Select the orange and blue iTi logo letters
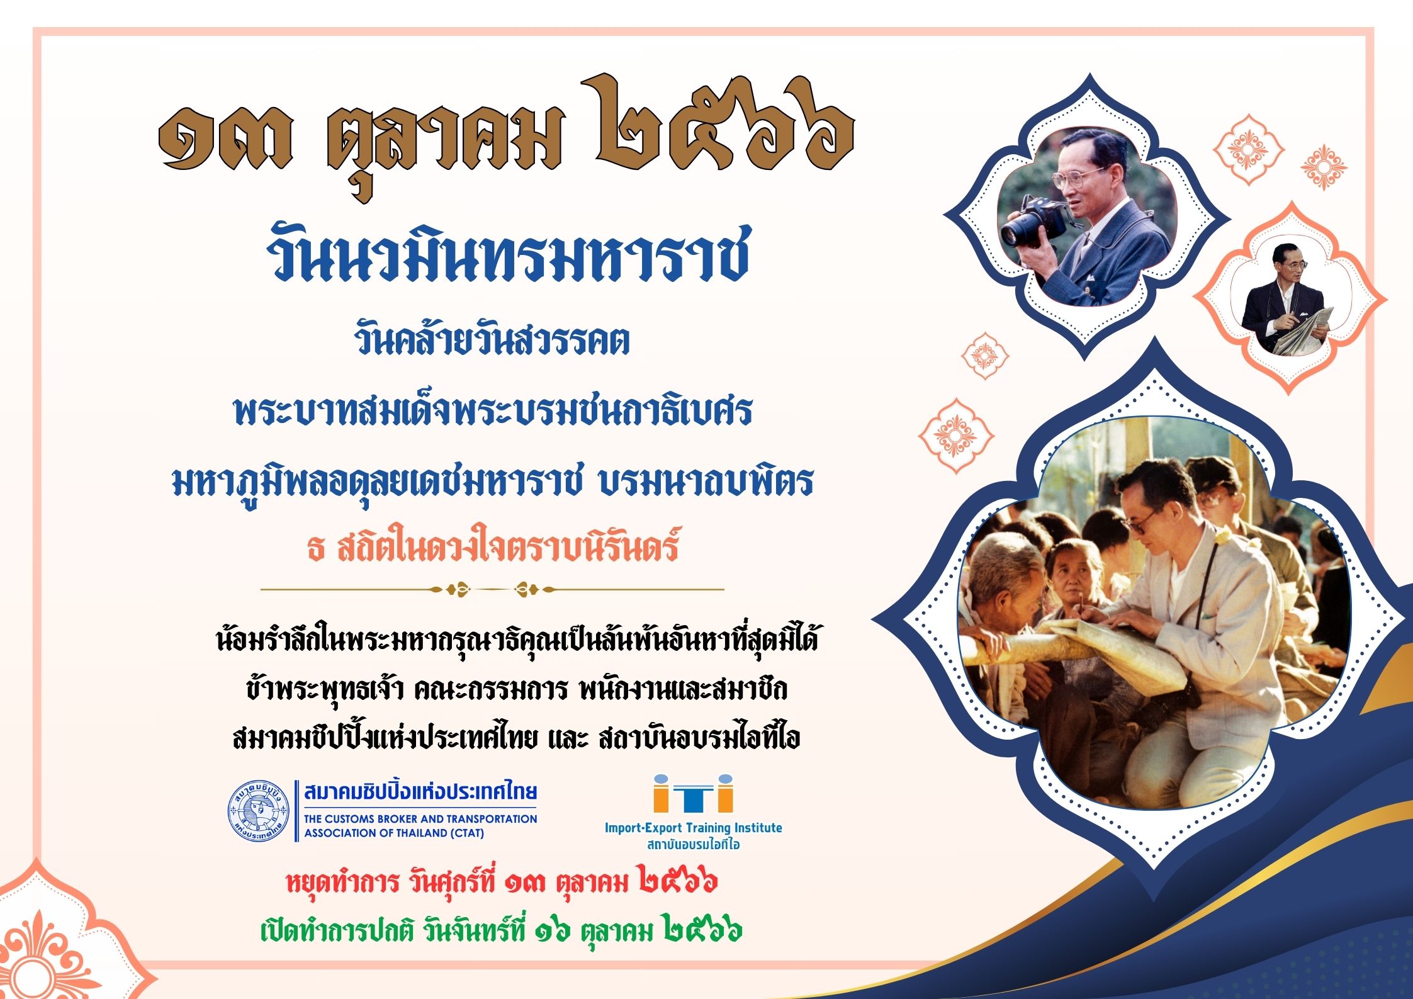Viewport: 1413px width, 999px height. pos(693,793)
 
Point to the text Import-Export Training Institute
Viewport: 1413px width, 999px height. pos(693,827)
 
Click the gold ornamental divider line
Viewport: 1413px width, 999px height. pos(492,590)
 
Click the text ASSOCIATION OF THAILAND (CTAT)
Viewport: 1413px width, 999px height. pos(394,833)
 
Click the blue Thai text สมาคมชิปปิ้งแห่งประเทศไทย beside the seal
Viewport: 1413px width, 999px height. pos(420,792)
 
